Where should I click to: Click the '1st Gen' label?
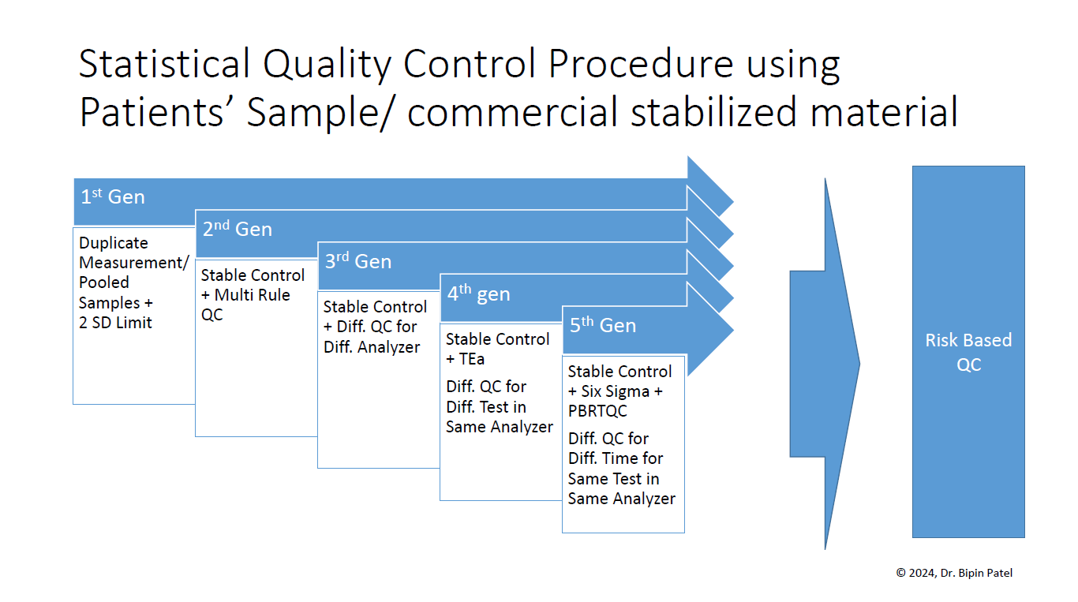(113, 196)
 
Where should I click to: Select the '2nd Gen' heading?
(237, 229)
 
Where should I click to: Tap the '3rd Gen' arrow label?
(358, 261)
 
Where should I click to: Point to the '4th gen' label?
(478, 294)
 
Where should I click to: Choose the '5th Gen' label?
(603, 325)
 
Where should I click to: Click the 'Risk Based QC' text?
(968, 352)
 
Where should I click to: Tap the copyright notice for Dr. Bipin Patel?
(954, 573)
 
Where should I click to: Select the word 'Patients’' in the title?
(157, 113)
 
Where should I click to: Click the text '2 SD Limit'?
(116, 322)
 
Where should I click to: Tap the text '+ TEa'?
(465, 359)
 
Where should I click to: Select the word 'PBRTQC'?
(597, 411)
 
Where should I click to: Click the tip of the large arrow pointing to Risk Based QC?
(859, 364)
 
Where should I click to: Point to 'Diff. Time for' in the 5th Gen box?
(616, 458)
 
